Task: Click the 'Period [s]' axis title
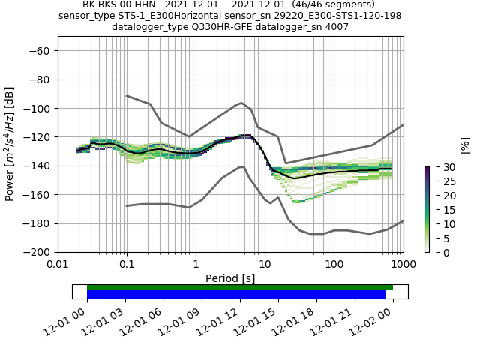click(230, 277)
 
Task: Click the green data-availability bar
click(240, 287)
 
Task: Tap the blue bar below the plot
click(236, 294)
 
